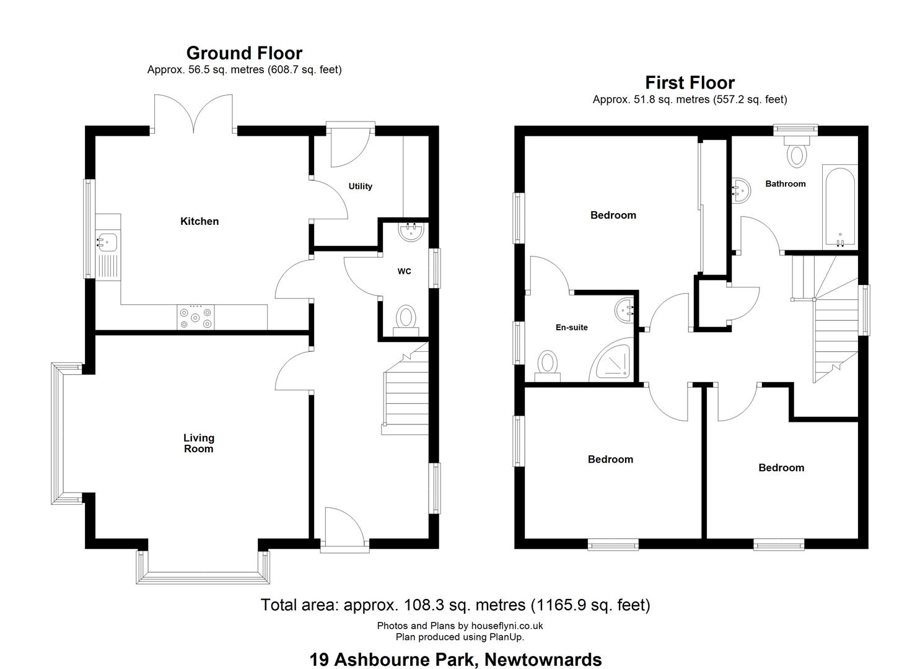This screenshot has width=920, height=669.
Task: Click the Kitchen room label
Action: click(x=199, y=221)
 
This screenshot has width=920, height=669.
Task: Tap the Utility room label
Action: click(x=360, y=186)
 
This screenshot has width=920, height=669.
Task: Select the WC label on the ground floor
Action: click(x=404, y=271)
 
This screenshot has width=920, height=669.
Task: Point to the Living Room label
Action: click(x=199, y=443)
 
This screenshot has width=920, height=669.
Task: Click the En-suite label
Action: click(x=571, y=327)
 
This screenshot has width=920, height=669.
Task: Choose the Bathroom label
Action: click(x=786, y=183)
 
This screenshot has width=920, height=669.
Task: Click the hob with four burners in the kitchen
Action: click(x=196, y=317)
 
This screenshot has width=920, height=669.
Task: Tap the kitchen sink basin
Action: click(x=107, y=241)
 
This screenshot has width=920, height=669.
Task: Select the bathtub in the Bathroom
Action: click(x=840, y=207)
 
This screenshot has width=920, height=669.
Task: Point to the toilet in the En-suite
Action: click(x=547, y=365)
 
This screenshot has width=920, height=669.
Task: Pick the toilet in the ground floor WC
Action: click(x=406, y=321)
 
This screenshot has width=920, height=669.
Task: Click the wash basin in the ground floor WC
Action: click(x=411, y=232)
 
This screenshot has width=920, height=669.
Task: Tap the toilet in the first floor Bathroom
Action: click(x=796, y=152)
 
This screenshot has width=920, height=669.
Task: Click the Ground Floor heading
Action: click(x=244, y=53)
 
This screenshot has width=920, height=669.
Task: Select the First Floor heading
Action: click(x=690, y=82)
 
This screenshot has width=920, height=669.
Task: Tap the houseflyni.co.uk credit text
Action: click(x=507, y=626)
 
